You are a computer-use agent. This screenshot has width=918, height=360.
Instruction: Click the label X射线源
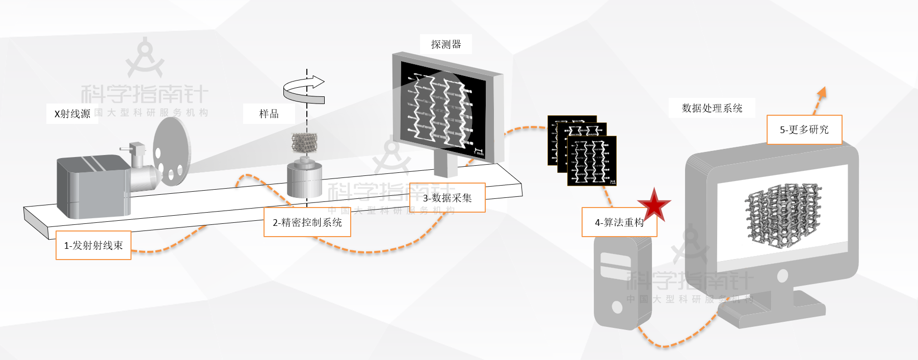[72, 114]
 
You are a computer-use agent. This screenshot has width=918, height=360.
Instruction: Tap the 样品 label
[269, 114]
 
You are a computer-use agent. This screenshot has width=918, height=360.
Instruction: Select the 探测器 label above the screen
[446, 44]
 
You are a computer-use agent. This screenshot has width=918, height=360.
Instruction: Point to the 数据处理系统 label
[712, 108]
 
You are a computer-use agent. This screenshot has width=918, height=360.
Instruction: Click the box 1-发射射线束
[93, 245]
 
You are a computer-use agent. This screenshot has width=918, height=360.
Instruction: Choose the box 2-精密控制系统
[307, 222]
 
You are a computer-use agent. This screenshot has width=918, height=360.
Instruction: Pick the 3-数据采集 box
[448, 198]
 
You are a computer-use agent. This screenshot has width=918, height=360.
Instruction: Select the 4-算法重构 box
[619, 222]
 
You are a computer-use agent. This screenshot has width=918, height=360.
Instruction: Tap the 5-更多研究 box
[804, 130]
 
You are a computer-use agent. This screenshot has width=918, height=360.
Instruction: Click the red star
[654, 205]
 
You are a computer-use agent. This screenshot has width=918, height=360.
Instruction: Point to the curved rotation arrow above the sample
[304, 90]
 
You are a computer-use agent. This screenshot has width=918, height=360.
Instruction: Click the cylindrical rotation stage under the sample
[304, 179]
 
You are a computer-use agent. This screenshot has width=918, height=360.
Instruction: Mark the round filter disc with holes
[172, 150]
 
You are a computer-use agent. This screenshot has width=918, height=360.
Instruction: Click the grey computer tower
[622, 283]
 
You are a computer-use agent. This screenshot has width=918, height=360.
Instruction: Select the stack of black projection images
[582, 151]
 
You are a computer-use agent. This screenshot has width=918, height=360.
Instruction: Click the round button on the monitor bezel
[782, 276]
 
